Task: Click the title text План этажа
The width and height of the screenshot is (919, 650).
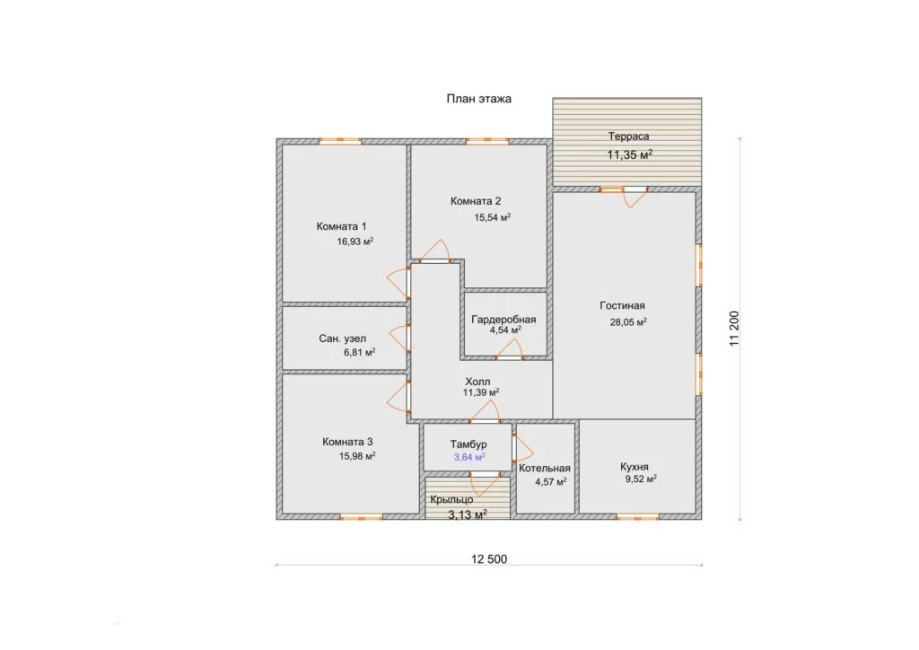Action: coord(479,99)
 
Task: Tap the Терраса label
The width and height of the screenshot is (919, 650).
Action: coord(628,136)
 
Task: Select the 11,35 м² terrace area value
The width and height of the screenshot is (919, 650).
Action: coord(629,154)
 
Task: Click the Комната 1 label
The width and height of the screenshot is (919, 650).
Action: coord(341,226)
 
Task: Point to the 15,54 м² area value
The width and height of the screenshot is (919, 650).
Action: coord(493,217)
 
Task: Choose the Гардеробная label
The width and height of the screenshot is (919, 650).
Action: coord(503,320)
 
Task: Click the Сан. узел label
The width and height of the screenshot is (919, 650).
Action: coord(342,338)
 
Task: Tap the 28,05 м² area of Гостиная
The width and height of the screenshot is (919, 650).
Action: coord(628,321)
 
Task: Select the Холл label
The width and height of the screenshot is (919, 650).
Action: coord(477,382)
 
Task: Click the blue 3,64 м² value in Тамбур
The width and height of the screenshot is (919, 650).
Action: coord(468,457)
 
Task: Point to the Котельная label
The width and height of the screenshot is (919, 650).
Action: coord(545,469)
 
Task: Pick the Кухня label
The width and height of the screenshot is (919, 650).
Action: coord(635,467)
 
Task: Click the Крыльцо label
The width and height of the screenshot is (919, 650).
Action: coord(451,500)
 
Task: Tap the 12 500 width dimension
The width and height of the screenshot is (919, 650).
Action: coord(489,559)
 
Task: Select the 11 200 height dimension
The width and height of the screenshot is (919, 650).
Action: coord(734,329)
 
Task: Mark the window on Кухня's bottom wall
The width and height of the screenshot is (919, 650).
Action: coord(637,517)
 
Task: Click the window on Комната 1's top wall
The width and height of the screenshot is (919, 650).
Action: coord(340,141)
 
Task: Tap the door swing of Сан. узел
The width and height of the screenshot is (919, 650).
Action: coord(399,338)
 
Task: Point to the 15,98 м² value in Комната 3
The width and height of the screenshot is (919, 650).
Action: coord(357,456)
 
